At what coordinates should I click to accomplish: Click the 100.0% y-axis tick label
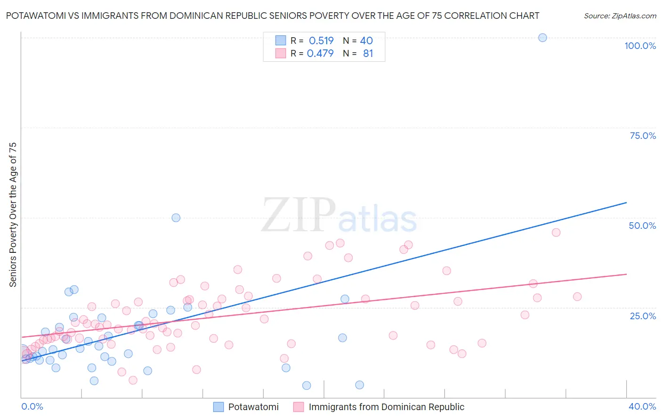[x=640, y=46]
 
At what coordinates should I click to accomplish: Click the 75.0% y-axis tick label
[x=643, y=136]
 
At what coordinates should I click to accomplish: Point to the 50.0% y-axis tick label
[x=642, y=226]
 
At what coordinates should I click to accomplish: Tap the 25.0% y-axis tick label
[x=643, y=316]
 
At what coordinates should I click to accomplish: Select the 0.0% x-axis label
[x=32, y=406]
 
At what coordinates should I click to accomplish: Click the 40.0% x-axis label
[x=642, y=406]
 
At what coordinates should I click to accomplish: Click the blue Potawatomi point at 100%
[x=542, y=38]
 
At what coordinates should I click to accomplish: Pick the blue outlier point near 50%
[x=176, y=218]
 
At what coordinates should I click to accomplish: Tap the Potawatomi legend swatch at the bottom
[x=218, y=407]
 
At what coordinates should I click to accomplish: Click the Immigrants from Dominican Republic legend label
[x=386, y=407]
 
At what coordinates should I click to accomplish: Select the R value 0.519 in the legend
[x=321, y=40]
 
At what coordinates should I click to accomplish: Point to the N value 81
[x=368, y=54]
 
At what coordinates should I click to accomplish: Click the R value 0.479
[x=320, y=54]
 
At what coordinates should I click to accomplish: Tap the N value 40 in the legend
[x=366, y=40]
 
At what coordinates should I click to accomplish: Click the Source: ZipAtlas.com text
[x=620, y=16]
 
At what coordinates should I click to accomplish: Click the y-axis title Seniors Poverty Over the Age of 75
[x=13, y=214]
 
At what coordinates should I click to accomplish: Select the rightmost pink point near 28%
[x=577, y=297]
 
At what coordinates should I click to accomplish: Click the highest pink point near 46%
[x=556, y=232]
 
